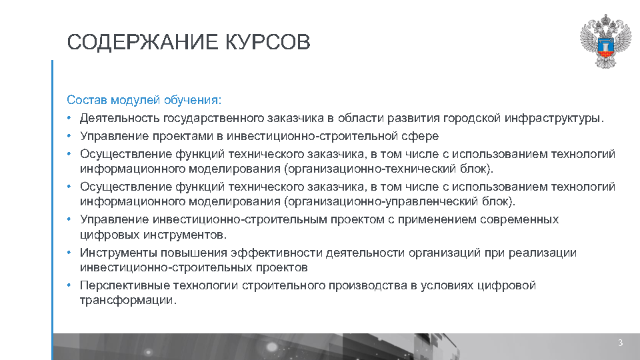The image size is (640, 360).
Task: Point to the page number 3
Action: coord(620,343)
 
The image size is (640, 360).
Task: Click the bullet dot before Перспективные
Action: coord(69,285)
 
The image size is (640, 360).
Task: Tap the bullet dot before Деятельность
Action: coord(69,119)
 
